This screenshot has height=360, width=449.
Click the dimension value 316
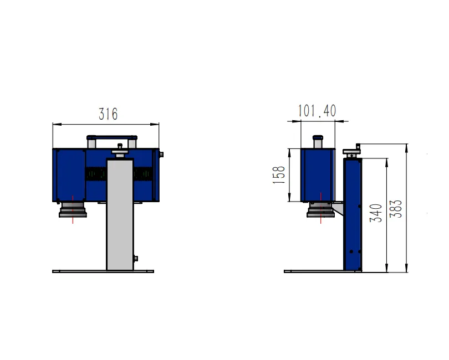pos(108,114)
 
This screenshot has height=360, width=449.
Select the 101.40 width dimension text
pos(317,111)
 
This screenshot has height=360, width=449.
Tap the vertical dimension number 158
pos(280,175)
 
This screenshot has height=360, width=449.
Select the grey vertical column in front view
pos(120,222)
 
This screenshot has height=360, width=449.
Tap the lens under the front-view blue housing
pos(73,209)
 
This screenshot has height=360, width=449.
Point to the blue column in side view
pos(352,222)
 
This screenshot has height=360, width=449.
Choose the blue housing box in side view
pos(317,174)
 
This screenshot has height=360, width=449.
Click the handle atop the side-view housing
pos(318,141)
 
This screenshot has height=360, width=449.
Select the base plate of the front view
pos(103,271)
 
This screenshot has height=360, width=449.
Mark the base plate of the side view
pos(322,271)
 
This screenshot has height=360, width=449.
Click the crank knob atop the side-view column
pos(353,150)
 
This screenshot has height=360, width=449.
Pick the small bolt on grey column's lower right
pos(136,258)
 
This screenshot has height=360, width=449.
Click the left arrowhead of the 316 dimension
pos(55,125)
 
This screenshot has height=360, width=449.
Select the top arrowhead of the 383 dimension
pos(407,146)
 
